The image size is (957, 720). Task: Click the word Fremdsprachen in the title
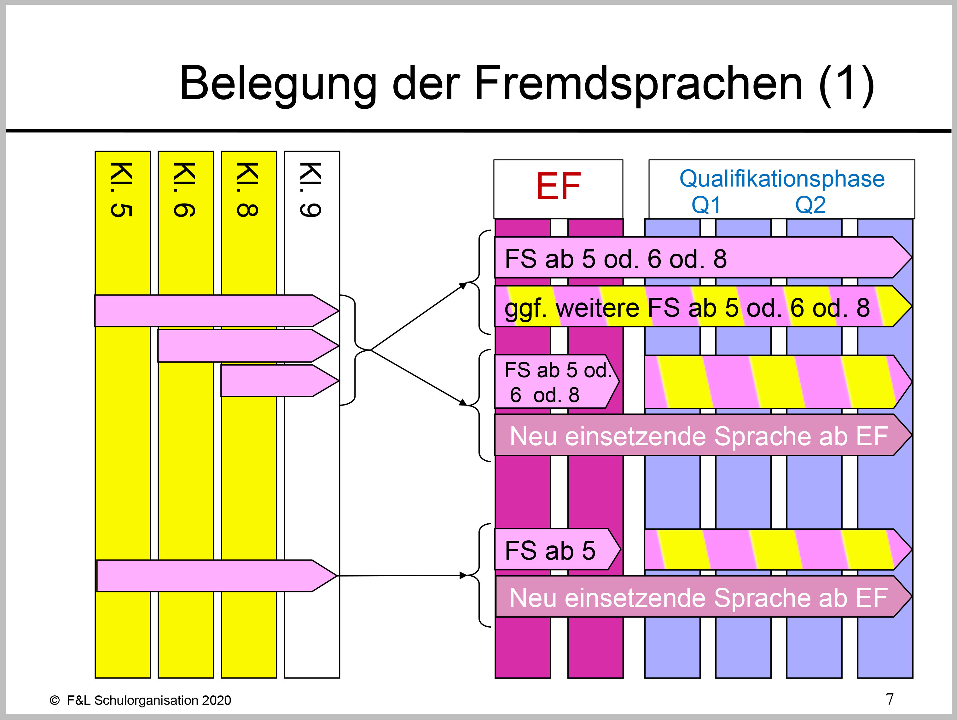click(638, 84)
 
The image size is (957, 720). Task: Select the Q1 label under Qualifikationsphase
click(706, 205)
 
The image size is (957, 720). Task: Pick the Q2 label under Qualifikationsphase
click(810, 205)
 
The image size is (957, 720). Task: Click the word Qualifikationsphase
click(782, 179)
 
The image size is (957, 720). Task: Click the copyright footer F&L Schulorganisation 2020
click(140, 700)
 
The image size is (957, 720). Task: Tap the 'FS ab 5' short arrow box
click(550, 550)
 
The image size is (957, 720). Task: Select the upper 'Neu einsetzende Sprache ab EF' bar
click(699, 436)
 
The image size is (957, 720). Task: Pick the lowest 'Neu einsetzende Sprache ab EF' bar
click(699, 598)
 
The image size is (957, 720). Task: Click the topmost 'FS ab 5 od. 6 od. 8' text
click(616, 259)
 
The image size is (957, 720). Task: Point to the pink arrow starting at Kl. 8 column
click(277, 381)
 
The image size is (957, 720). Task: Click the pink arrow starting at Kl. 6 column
click(244, 346)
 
